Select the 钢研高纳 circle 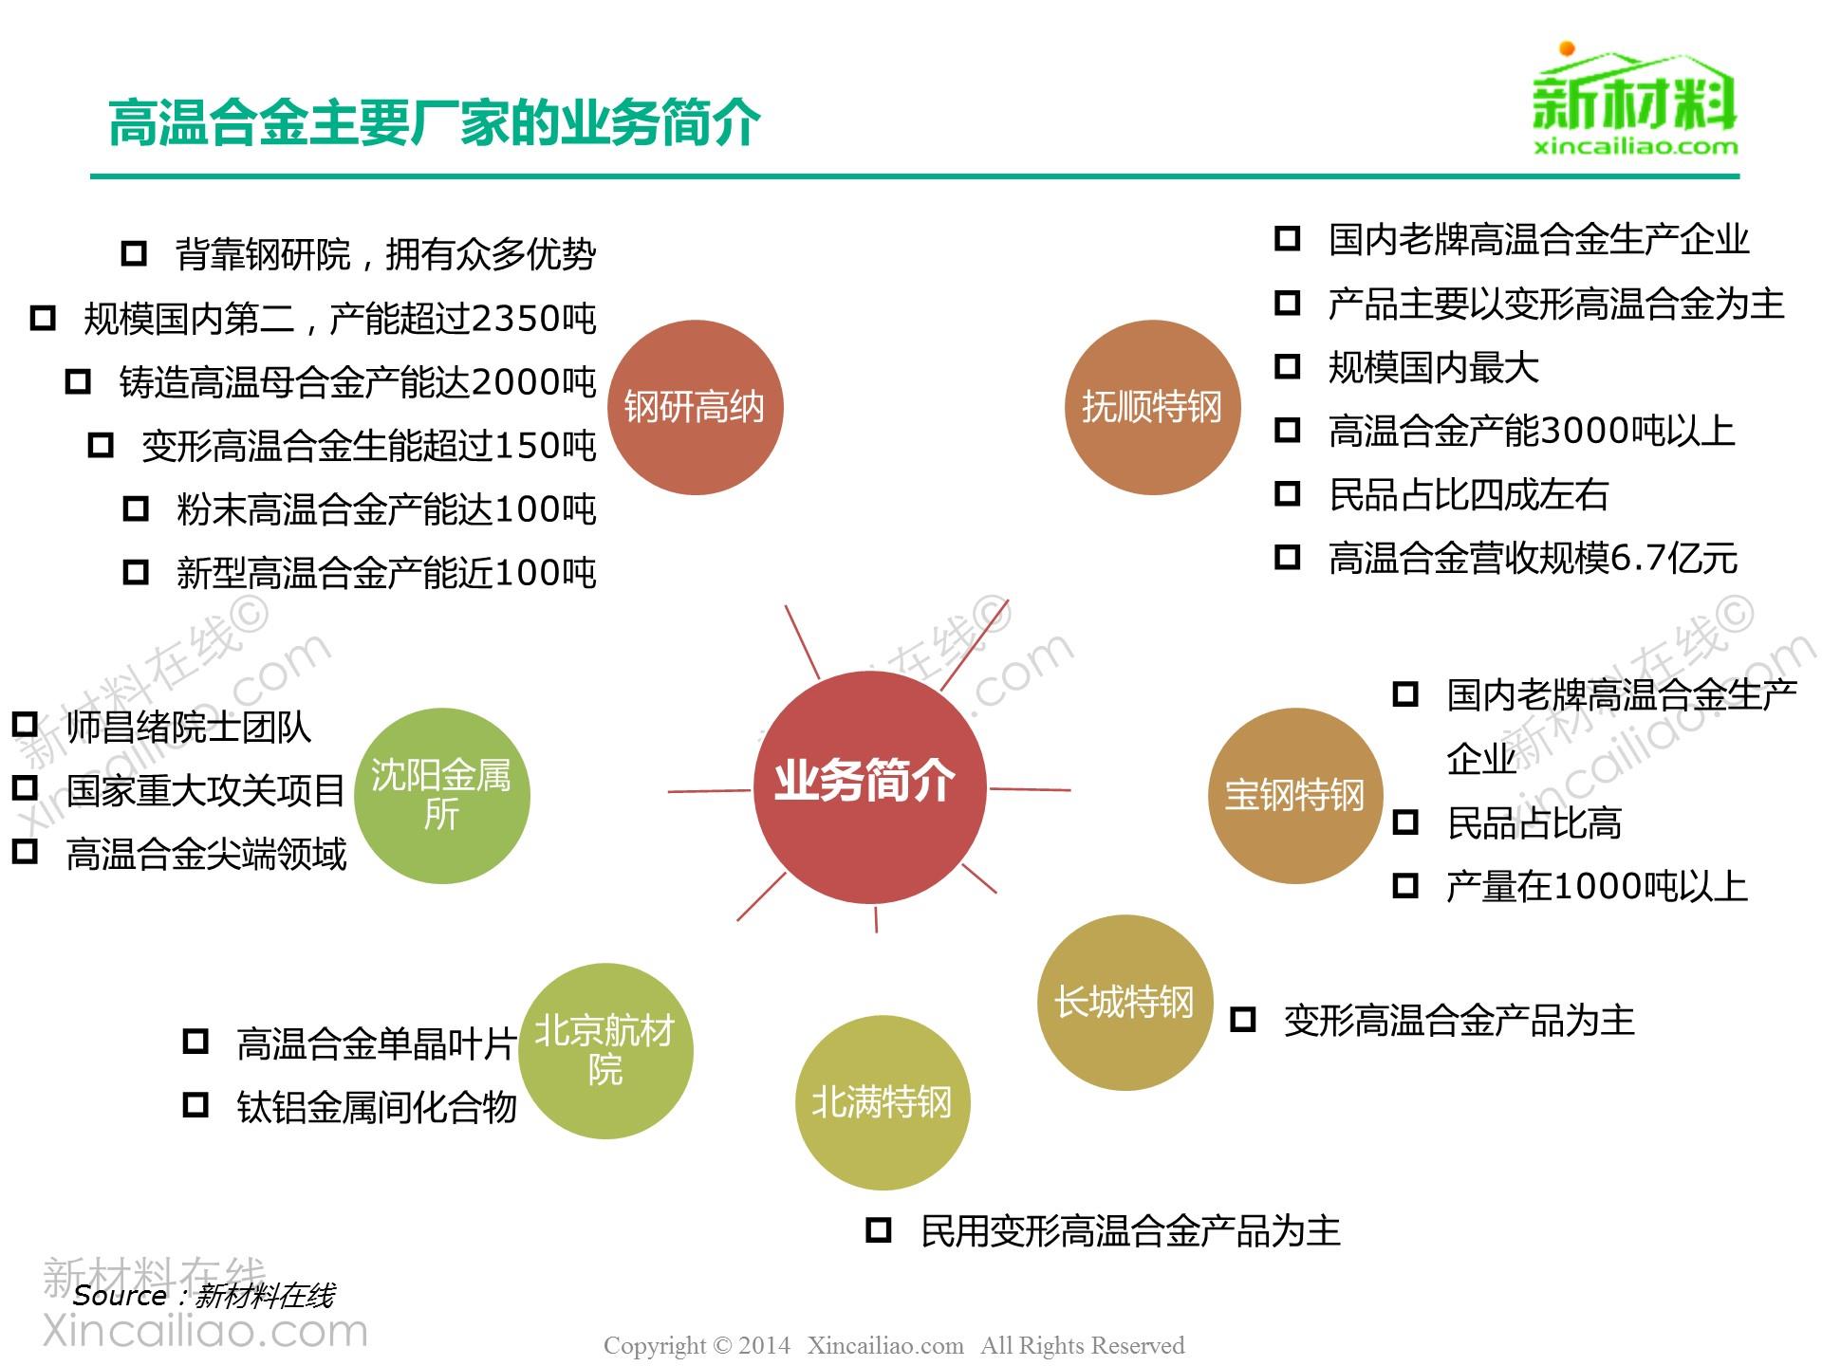tap(695, 408)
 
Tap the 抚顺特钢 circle tap(1152, 408)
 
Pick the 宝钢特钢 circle tap(1294, 795)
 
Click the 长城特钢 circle tap(1125, 1002)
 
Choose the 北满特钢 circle tap(882, 1102)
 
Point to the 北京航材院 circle tap(605, 1050)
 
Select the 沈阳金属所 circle tap(441, 795)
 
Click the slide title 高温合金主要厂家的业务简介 tap(435, 123)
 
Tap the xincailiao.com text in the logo tap(1635, 147)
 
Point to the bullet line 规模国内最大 tap(1433, 368)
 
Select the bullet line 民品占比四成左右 tap(1468, 495)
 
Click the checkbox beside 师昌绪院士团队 tap(25, 726)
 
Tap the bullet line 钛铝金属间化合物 tap(376, 1107)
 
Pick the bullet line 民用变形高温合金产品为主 tap(1129, 1231)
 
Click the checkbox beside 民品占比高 tap(1405, 822)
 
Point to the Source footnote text tap(203, 1296)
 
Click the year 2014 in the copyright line tap(764, 1346)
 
